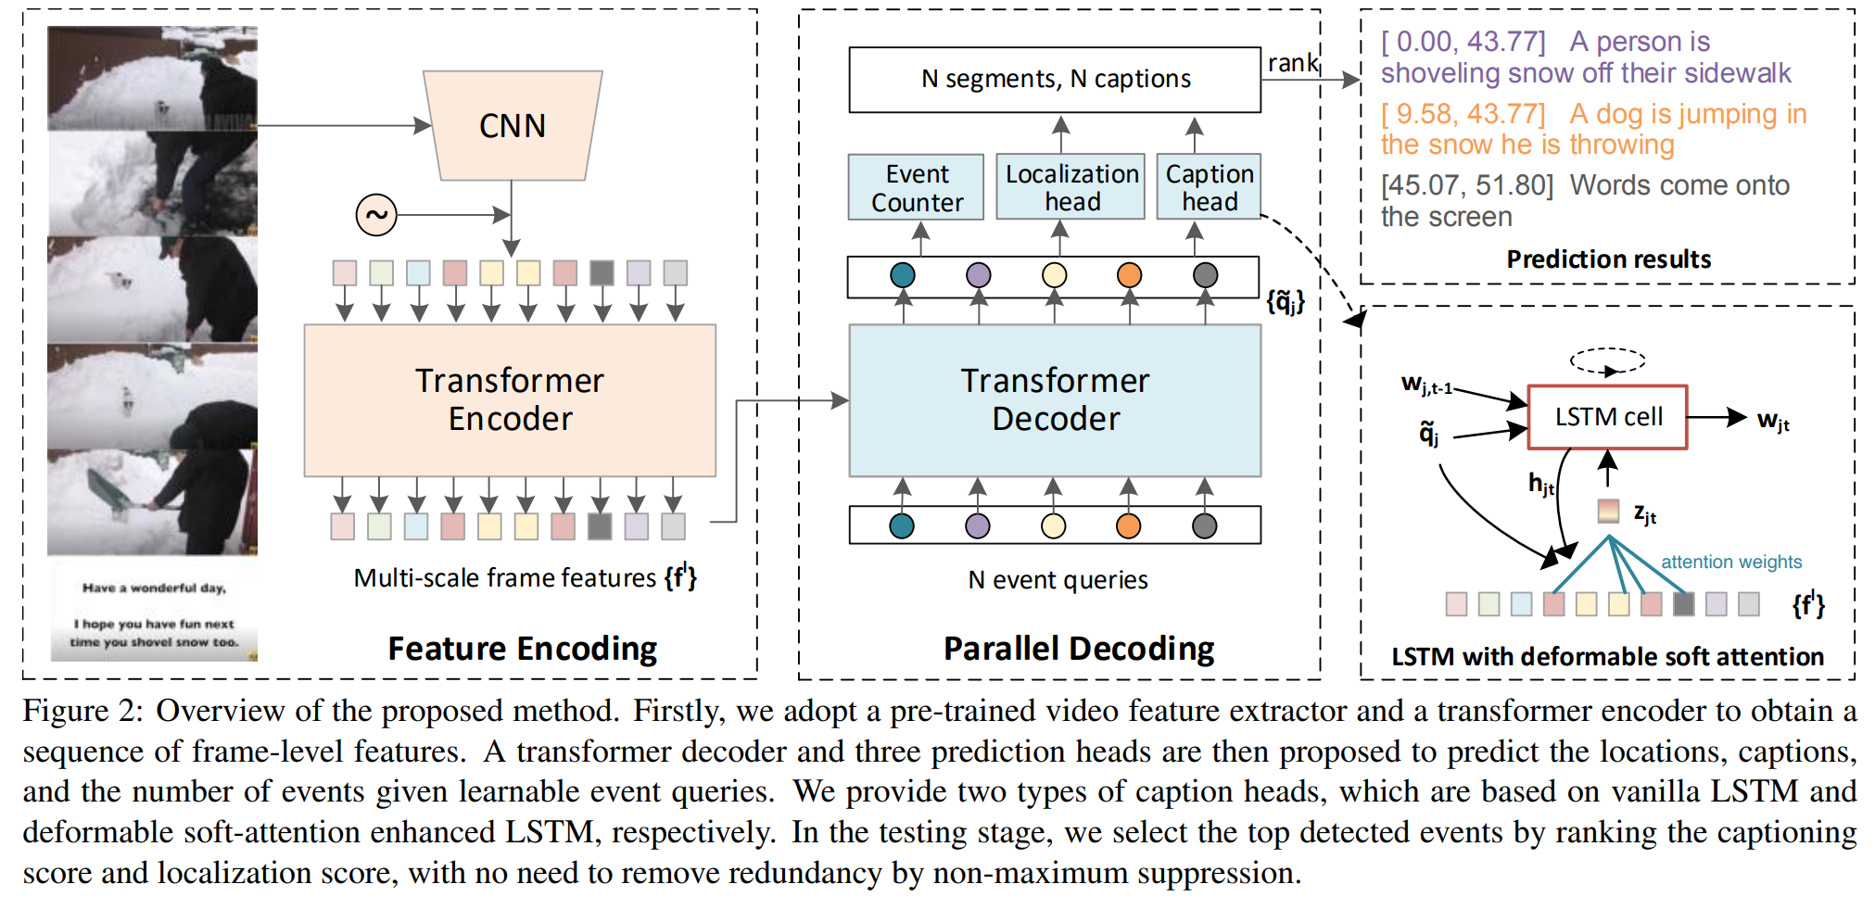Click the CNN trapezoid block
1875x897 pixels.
click(x=513, y=125)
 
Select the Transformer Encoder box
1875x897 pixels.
click(x=510, y=399)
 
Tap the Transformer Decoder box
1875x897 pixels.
click(x=1055, y=399)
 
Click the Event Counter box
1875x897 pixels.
click(x=916, y=187)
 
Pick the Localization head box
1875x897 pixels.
click(x=1071, y=187)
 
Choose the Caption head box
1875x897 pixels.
click(x=1209, y=187)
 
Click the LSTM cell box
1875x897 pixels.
click(x=1607, y=417)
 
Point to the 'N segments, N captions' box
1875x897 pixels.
click(x=1055, y=80)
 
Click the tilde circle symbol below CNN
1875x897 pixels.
click(x=376, y=215)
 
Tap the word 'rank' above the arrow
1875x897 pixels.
click(x=1292, y=63)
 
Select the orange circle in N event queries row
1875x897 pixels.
click(x=1128, y=525)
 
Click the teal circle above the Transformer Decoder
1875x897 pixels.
click(x=902, y=275)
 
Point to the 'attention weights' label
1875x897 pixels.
click(x=1730, y=562)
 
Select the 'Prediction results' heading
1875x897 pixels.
click(x=1608, y=259)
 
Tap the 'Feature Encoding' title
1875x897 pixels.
click(x=522, y=648)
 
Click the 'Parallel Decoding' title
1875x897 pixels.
click(x=1078, y=648)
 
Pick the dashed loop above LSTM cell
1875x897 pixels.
click(x=1607, y=360)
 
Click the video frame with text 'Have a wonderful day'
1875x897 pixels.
click(x=153, y=609)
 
